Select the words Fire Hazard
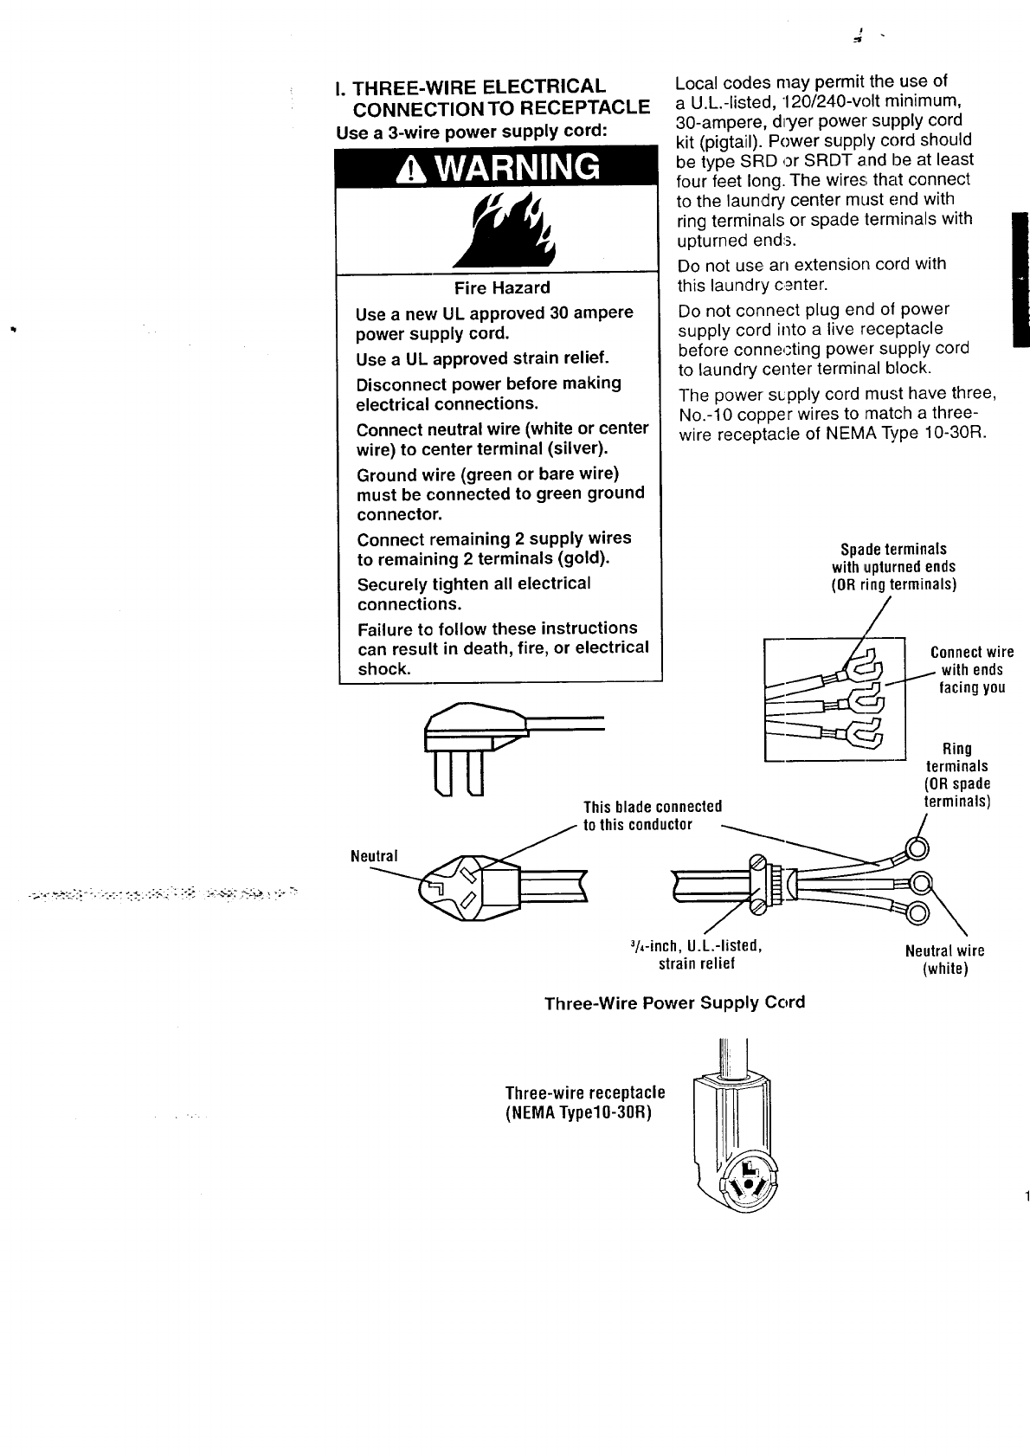coord(502,288)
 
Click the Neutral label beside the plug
coord(374,856)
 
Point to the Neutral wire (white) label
coord(944,959)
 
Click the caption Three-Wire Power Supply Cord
coord(674,1002)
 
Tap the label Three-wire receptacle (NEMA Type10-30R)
coord(585,1102)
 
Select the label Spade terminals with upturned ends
coord(893,566)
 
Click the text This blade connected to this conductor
coord(652,815)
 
